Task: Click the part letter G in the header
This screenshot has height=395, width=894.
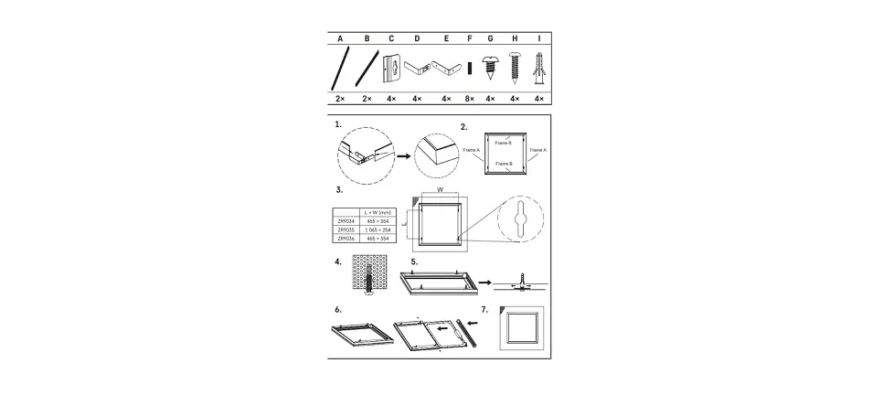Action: (491, 39)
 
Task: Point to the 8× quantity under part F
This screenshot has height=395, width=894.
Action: (469, 99)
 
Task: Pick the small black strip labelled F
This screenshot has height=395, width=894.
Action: (469, 69)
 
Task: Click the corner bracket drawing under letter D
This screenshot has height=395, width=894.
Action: (418, 69)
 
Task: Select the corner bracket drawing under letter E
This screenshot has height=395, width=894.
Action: (447, 69)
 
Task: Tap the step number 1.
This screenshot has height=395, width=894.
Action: (338, 124)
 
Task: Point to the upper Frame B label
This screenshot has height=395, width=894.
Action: (503, 143)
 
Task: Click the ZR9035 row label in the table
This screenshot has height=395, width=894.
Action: (346, 229)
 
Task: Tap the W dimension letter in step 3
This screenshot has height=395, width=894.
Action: (440, 190)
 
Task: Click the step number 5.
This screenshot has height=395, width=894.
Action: (414, 261)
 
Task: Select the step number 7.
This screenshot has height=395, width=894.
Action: (485, 309)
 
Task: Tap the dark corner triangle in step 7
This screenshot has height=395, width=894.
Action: (504, 311)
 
